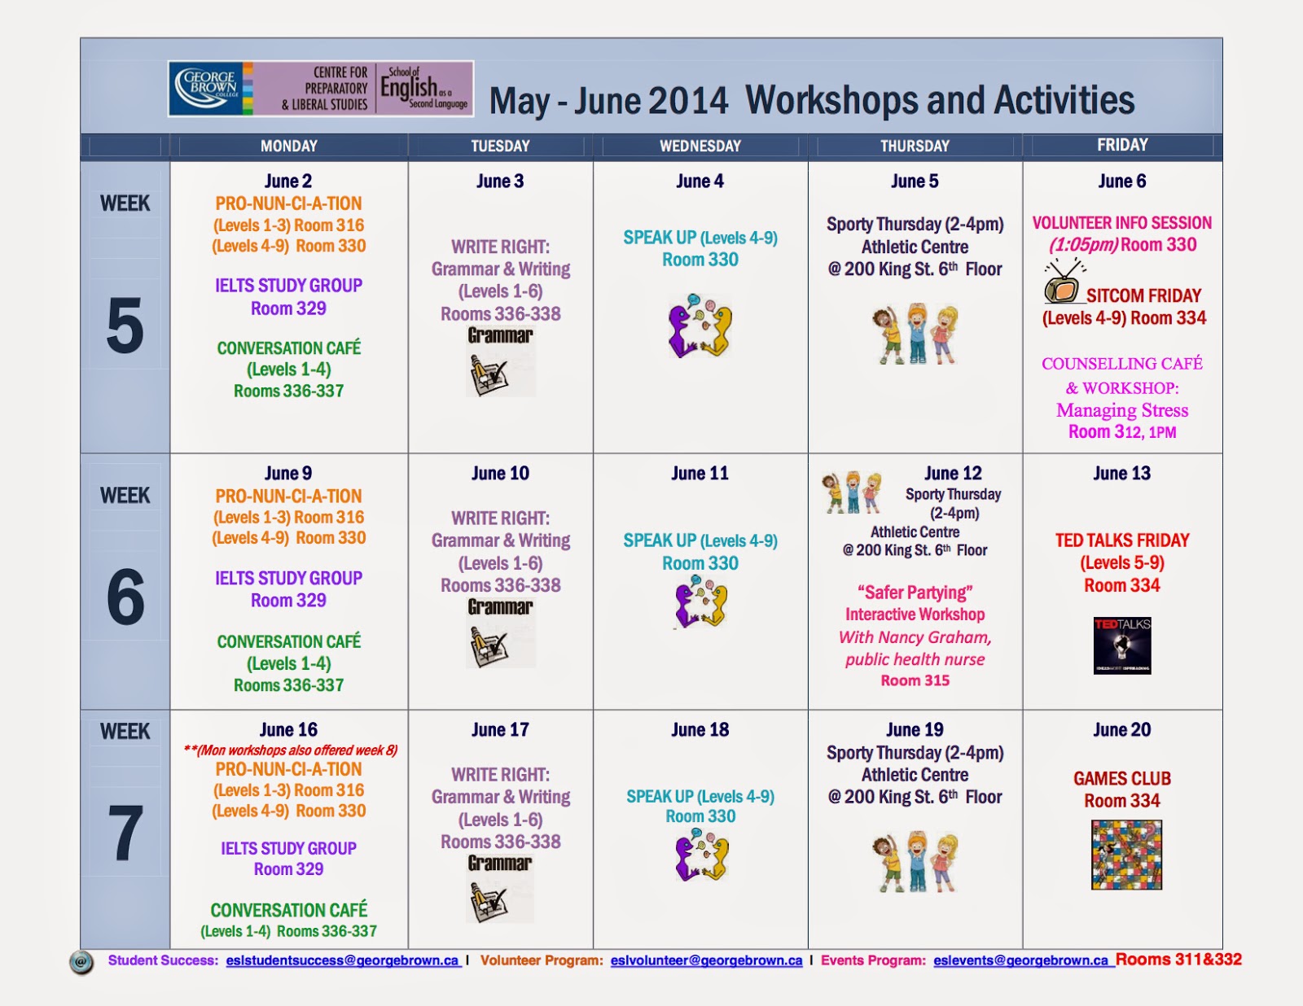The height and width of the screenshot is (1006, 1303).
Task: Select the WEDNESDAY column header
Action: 700,147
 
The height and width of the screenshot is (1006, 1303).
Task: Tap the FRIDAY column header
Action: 1122,145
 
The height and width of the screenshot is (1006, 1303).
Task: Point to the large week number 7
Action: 125,833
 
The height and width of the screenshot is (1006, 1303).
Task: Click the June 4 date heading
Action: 700,181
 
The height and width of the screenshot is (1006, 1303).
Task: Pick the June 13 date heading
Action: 1122,474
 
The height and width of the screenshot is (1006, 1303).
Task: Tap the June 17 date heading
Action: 500,730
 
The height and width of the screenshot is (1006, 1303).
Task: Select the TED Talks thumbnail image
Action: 1122,646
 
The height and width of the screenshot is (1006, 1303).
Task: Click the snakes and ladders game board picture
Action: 1126,855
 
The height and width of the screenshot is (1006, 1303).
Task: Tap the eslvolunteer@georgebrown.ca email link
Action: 706,960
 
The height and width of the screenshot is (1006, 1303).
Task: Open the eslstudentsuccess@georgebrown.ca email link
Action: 342,960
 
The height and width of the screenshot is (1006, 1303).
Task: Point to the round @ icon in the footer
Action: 81,962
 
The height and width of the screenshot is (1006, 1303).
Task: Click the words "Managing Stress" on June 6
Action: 1122,410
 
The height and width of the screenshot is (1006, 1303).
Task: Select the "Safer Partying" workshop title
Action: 915,593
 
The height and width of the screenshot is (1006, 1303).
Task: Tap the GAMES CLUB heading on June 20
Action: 1122,779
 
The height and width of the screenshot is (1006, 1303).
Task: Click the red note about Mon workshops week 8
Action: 290,750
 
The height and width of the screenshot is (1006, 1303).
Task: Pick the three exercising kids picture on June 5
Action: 915,334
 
